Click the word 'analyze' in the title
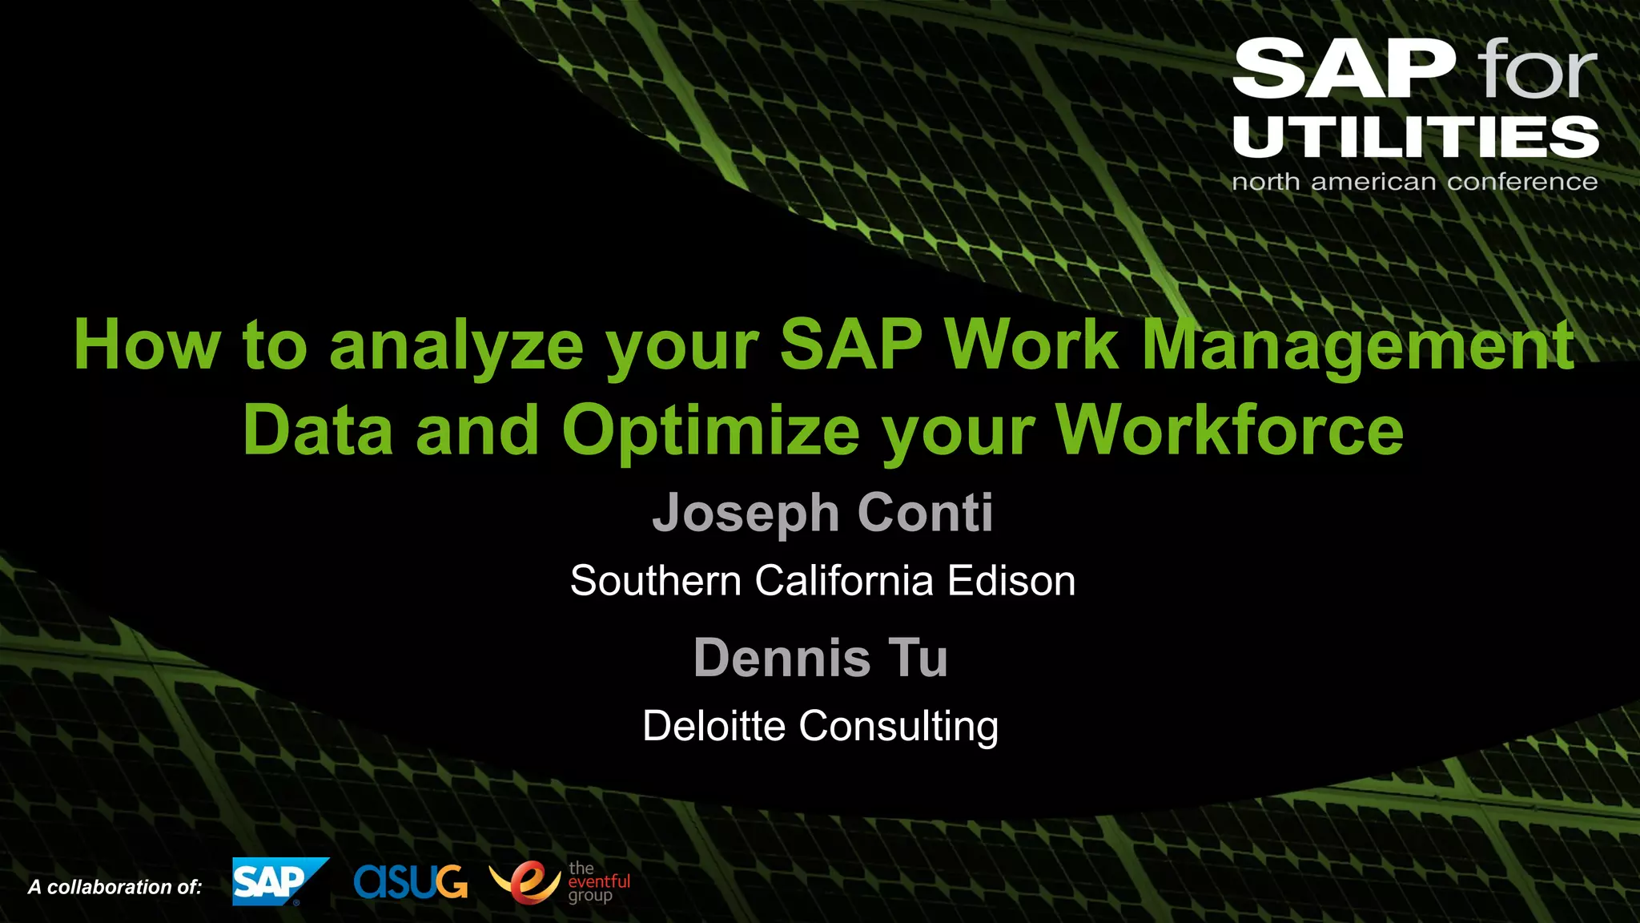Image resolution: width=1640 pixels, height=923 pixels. (456, 346)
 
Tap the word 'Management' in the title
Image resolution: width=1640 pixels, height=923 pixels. (1357, 346)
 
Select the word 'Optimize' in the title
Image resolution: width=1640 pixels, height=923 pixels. (710, 431)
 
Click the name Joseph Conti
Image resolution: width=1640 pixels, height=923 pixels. (822, 513)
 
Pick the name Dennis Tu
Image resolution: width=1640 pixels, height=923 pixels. (821, 658)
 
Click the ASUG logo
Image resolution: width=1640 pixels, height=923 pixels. (410, 881)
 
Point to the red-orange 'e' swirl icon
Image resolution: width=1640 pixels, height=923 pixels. (525, 881)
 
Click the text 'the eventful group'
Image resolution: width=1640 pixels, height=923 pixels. (598, 881)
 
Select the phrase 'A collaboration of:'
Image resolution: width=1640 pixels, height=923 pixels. (115, 887)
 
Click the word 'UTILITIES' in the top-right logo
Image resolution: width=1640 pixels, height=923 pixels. (1415, 137)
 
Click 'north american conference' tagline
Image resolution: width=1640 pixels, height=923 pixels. (1414, 182)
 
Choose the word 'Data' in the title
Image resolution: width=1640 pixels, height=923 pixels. (318, 431)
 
